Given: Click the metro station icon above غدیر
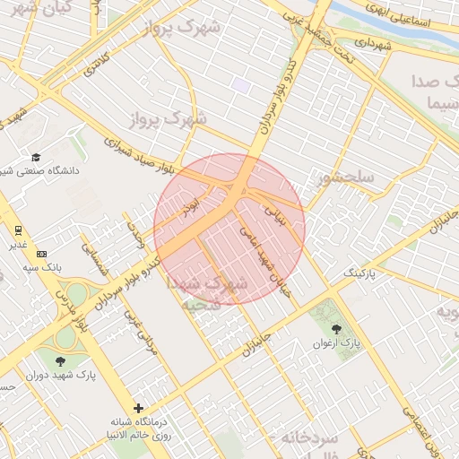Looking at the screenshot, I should tap(18, 229).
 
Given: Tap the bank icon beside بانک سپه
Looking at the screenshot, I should tap(41, 254).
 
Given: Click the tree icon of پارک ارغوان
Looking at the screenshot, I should tap(337, 329).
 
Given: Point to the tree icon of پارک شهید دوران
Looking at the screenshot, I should tap(61, 361).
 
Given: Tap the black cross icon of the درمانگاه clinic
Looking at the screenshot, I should tap(138, 408).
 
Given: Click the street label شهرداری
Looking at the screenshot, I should tap(372, 42).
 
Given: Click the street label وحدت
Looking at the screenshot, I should tap(135, 235).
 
